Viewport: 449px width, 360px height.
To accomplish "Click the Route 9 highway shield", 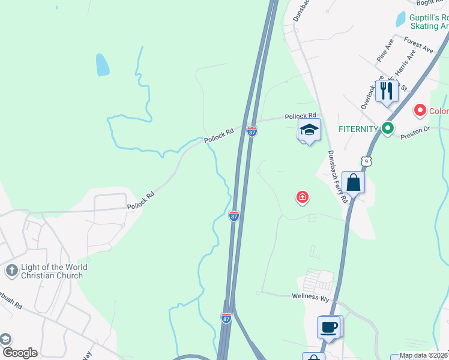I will pyautogui.click(x=366, y=161).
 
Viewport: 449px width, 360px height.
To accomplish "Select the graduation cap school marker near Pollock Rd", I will pyautogui.click(x=309, y=130).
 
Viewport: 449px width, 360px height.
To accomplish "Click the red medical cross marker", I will pyautogui.click(x=303, y=196).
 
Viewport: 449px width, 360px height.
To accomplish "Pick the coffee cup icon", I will pyautogui.click(x=329, y=327).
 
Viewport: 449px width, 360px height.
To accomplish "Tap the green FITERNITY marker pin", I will pyautogui.click(x=388, y=128).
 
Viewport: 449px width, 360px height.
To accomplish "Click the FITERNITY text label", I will pyautogui.click(x=358, y=128).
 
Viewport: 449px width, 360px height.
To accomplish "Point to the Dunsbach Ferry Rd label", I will pyautogui.click(x=337, y=176).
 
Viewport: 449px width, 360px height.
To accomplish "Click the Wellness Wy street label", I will pyautogui.click(x=311, y=296).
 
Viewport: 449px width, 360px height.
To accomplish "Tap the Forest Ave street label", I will pyautogui.click(x=419, y=45).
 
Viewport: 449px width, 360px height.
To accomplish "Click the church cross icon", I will pyautogui.click(x=11, y=271).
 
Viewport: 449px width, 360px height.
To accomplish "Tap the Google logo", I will pyautogui.click(x=20, y=353).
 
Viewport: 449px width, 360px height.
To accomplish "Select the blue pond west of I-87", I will pyautogui.click(x=103, y=64).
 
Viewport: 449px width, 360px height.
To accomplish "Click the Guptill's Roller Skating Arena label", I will pyautogui.click(x=429, y=22).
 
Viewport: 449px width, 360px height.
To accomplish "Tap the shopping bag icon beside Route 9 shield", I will pyautogui.click(x=354, y=182).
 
